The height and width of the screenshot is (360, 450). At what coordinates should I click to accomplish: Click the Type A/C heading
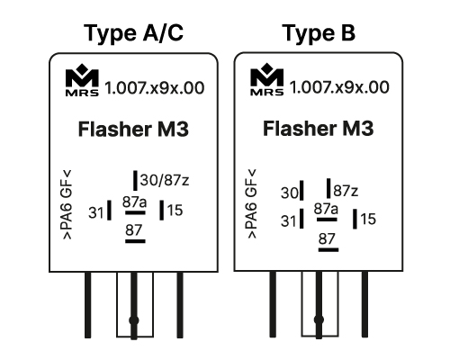click(x=133, y=33)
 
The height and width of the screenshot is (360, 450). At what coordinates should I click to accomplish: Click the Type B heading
click(x=319, y=33)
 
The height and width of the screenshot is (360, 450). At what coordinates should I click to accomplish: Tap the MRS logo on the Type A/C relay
click(x=82, y=80)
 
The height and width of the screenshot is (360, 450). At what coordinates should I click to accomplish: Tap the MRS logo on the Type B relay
click(x=267, y=79)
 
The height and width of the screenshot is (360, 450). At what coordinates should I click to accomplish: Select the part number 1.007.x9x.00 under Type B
click(x=339, y=87)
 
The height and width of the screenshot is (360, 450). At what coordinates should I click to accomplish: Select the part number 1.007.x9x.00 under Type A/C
click(x=155, y=88)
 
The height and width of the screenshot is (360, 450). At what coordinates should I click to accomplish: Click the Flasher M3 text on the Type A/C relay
click(x=133, y=130)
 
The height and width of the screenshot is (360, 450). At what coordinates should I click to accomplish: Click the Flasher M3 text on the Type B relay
click(x=319, y=129)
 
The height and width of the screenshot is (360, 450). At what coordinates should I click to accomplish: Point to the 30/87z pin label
click(x=165, y=180)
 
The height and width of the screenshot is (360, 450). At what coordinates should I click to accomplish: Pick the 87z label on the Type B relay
click(x=346, y=191)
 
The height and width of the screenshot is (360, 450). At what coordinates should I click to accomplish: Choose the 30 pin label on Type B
click(x=289, y=193)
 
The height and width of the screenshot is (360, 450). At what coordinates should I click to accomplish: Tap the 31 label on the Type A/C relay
click(x=96, y=213)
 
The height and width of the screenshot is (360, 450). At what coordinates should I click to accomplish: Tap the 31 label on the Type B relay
click(x=289, y=221)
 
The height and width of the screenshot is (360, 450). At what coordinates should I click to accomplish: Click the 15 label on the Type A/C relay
click(x=175, y=211)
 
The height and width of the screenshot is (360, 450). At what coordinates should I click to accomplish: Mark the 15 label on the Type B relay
click(x=368, y=219)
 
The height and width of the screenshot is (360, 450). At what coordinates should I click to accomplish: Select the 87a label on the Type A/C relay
click(x=134, y=202)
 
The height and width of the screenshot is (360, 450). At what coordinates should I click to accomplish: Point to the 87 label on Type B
click(x=327, y=239)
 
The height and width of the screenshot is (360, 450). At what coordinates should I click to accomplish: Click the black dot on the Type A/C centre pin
click(x=134, y=320)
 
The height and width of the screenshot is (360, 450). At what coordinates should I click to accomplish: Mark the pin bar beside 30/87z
click(x=135, y=180)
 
